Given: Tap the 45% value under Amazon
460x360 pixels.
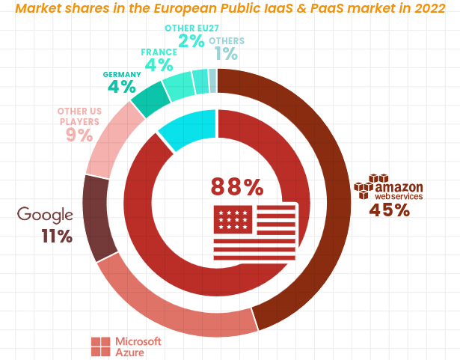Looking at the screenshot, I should [389, 210].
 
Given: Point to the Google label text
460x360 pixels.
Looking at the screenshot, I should [45, 215].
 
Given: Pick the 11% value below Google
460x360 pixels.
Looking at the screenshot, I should [57, 237].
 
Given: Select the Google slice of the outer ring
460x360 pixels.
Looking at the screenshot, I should [97, 217].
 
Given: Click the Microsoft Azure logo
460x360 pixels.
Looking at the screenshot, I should [126, 346].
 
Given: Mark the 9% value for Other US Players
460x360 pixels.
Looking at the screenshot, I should [79, 135].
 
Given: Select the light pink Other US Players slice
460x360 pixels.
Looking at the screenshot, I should [112, 142].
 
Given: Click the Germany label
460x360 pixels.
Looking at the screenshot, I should [122, 75].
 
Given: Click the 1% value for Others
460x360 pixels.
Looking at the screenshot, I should [226, 54].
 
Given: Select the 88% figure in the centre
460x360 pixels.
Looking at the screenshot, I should [236, 186].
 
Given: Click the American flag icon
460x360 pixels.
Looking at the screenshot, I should [255, 231].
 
